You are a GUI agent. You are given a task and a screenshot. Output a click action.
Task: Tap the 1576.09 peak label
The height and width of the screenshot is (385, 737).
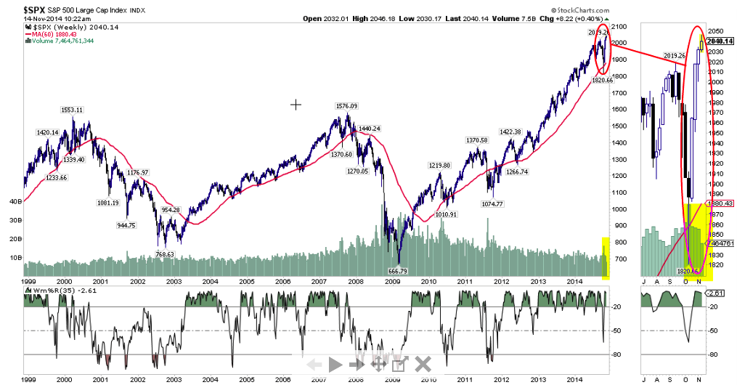click(x=346, y=106)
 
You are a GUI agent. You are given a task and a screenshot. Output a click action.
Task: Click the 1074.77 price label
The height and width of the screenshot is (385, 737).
click(x=492, y=204)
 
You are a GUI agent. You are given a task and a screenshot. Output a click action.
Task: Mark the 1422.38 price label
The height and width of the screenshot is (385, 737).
click(x=510, y=131)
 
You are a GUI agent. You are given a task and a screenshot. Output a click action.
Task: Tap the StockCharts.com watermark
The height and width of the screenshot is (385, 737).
click(x=580, y=9)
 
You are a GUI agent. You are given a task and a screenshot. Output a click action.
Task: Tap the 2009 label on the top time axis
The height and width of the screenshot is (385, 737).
click(x=392, y=280)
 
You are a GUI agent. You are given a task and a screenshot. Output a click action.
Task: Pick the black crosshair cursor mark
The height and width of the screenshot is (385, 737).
click(x=296, y=105)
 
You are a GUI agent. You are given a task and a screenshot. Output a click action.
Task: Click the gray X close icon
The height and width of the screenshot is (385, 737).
click(x=423, y=363)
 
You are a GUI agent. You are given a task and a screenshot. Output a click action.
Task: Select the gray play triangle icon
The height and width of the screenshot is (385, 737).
click(x=335, y=364)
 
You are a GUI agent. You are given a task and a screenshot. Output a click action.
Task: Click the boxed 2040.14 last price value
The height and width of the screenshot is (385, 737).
click(x=720, y=41)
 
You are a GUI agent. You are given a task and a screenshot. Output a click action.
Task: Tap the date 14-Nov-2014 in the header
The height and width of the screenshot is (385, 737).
click(x=27, y=18)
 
